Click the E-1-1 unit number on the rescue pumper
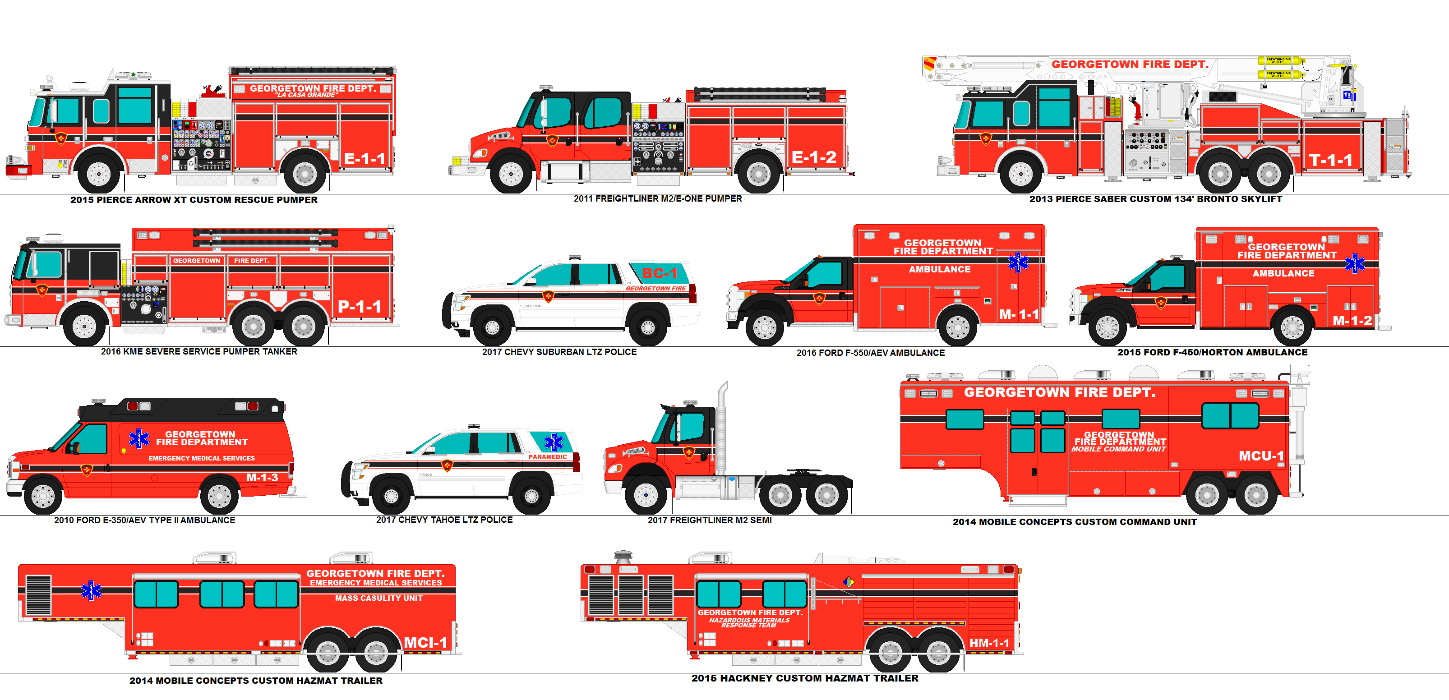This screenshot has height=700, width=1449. tap(365, 159)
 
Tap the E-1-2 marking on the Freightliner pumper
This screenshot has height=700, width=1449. tap(813, 158)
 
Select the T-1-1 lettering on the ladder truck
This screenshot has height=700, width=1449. tap(1330, 160)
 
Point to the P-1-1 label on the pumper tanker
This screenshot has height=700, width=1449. tap(360, 307)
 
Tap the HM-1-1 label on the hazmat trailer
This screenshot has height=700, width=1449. tap(989, 643)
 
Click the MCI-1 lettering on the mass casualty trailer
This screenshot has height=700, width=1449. tap(425, 643)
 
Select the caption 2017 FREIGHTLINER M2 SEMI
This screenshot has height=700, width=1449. tap(709, 520)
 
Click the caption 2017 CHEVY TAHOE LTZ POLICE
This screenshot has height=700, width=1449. tap(444, 520)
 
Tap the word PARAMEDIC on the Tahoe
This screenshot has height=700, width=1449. tap(547, 457)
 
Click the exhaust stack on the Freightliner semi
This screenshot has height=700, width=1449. tap(722, 427)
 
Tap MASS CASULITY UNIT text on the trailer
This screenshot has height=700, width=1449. tap(378, 598)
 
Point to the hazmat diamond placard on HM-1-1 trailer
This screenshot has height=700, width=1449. tap(849, 582)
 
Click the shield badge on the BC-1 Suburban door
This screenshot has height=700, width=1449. tap(548, 296)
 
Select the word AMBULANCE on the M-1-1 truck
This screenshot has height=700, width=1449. tap(939, 269)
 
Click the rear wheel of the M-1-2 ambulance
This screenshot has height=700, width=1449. tap(1292, 327)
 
